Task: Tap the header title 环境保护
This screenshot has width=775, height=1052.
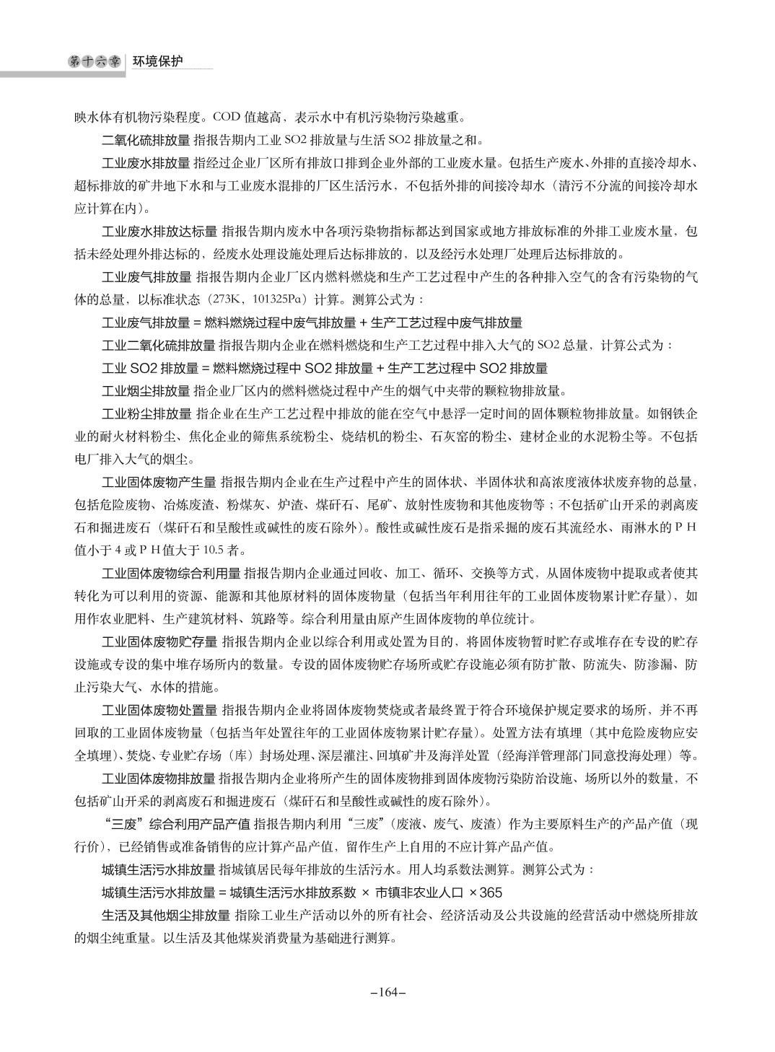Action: pyautogui.click(x=157, y=62)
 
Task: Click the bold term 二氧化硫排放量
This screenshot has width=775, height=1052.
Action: pyautogui.click(x=146, y=139)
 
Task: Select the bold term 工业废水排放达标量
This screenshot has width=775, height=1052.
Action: pyautogui.click(x=159, y=232)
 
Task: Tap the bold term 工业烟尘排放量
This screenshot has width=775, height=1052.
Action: pyautogui.click(x=146, y=392)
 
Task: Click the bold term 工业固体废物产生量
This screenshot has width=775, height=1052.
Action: pyautogui.click(x=159, y=482)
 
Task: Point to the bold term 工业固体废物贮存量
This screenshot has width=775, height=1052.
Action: pyautogui.click(x=159, y=641)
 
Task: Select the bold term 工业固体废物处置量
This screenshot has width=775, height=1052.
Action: pyautogui.click(x=159, y=710)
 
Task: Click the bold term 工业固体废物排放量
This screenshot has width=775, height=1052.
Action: pyautogui.click(x=159, y=779)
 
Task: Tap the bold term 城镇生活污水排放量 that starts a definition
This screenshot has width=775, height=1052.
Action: pyautogui.click(x=159, y=869)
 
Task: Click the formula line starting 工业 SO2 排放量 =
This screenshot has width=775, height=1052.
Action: pyautogui.click(x=325, y=368)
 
